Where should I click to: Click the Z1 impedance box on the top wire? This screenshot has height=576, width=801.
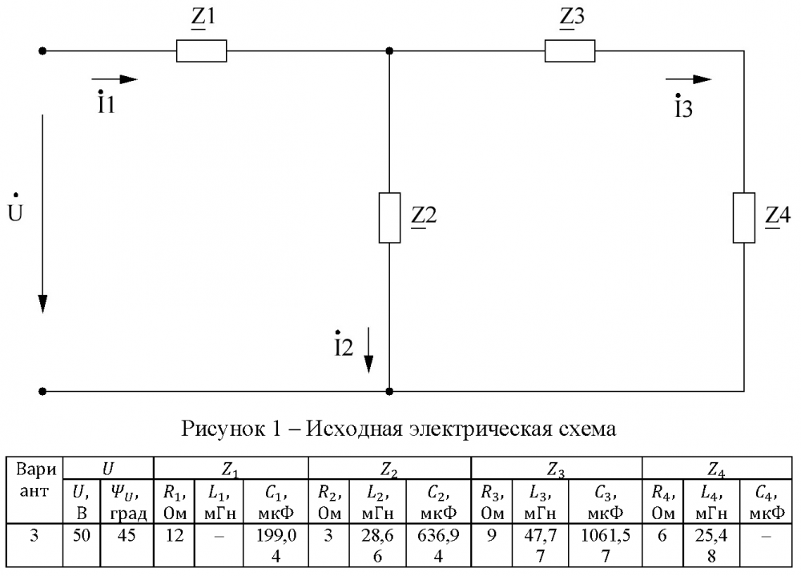[x=201, y=51]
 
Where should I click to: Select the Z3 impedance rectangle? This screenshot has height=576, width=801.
[x=570, y=51]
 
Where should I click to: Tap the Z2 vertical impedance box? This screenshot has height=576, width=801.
[x=389, y=218]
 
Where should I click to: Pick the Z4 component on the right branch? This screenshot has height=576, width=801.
[x=744, y=218]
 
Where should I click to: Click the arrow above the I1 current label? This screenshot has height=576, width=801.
[x=115, y=79]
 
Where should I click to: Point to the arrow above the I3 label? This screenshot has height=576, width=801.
[x=688, y=79]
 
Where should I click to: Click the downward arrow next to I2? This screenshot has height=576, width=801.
[x=368, y=350]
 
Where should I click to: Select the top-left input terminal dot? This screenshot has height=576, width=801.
[x=43, y=51]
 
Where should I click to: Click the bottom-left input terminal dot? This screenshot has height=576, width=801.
[x=43, y=392]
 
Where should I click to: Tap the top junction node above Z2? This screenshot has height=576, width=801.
[x=389, y=51]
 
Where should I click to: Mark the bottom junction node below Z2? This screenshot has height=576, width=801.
[x=389, y=392]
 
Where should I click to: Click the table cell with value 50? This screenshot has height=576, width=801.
[x=82, y=545]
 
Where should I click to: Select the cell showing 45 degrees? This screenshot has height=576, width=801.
[x=127, y=545]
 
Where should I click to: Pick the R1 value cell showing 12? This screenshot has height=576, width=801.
[x=174, y=545]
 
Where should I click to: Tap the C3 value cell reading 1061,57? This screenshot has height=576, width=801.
[x=606, y=545]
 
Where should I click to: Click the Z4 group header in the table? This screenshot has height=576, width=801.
[x=717, y=468]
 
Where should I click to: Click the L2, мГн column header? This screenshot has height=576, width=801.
[x=378, y=501]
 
